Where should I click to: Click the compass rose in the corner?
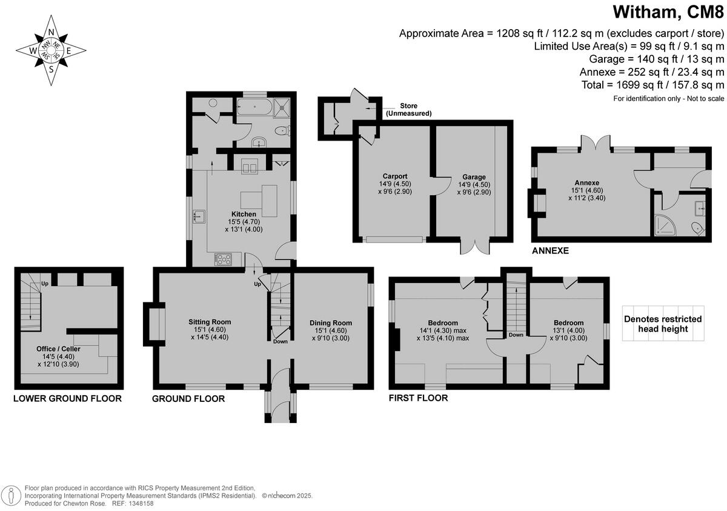(51, 51)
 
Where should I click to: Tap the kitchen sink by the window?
(199, 215)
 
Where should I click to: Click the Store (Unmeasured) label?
(409, 110)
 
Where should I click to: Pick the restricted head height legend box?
(663, 324)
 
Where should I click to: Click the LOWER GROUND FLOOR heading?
(67, 399)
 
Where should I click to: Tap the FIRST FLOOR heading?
(418, 398)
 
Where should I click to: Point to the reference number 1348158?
(141, 503)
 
